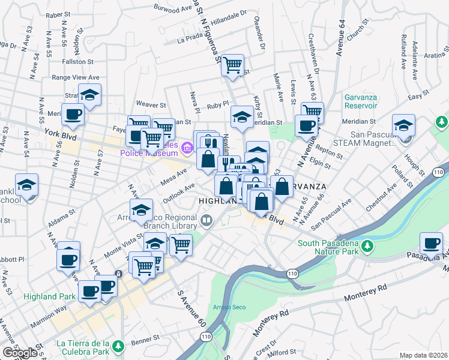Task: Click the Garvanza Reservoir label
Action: [361, 101]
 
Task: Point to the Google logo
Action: [19, 353]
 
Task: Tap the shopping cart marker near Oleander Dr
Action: [232, 65]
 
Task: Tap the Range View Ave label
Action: [75, 77]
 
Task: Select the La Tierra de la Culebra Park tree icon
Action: [119, 346]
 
